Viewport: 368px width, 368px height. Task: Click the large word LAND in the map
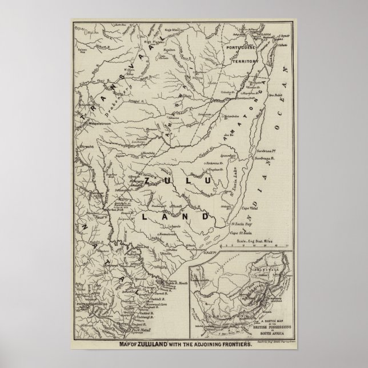tap(174, 218)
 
